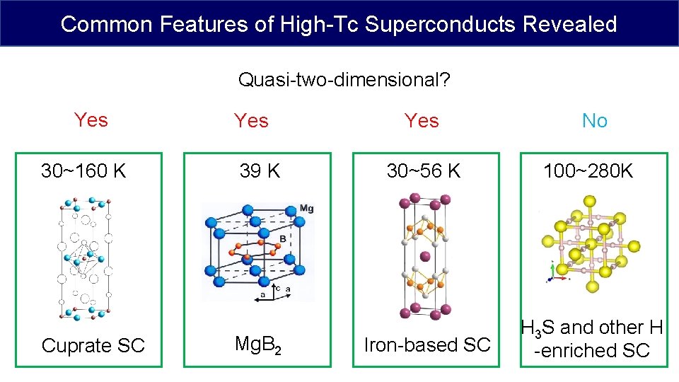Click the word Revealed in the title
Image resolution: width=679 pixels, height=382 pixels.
[x=570, y=24]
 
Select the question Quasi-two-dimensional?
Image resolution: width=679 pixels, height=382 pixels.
[x=344, y=80]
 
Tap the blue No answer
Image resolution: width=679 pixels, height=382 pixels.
[x=594, y=121]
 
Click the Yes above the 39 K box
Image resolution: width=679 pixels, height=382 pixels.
[x=252, y=121]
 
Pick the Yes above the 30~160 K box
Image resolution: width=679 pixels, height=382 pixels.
[x=91, y=120]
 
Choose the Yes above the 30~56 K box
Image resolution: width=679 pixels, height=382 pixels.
[x=422, y=121]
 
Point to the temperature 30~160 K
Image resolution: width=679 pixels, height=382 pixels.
[x=83, y=170]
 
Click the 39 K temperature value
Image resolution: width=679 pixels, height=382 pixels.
[x=259, y=170]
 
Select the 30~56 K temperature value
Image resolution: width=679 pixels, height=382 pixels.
[x=423, y=170]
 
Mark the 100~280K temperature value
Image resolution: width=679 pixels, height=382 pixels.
[x=588, y=170]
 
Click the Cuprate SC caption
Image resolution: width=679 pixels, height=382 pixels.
[x=93, y=345]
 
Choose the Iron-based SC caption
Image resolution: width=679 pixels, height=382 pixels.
[x=426, y=345]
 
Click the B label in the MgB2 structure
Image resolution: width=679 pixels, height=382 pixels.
[x=283, y=239]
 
